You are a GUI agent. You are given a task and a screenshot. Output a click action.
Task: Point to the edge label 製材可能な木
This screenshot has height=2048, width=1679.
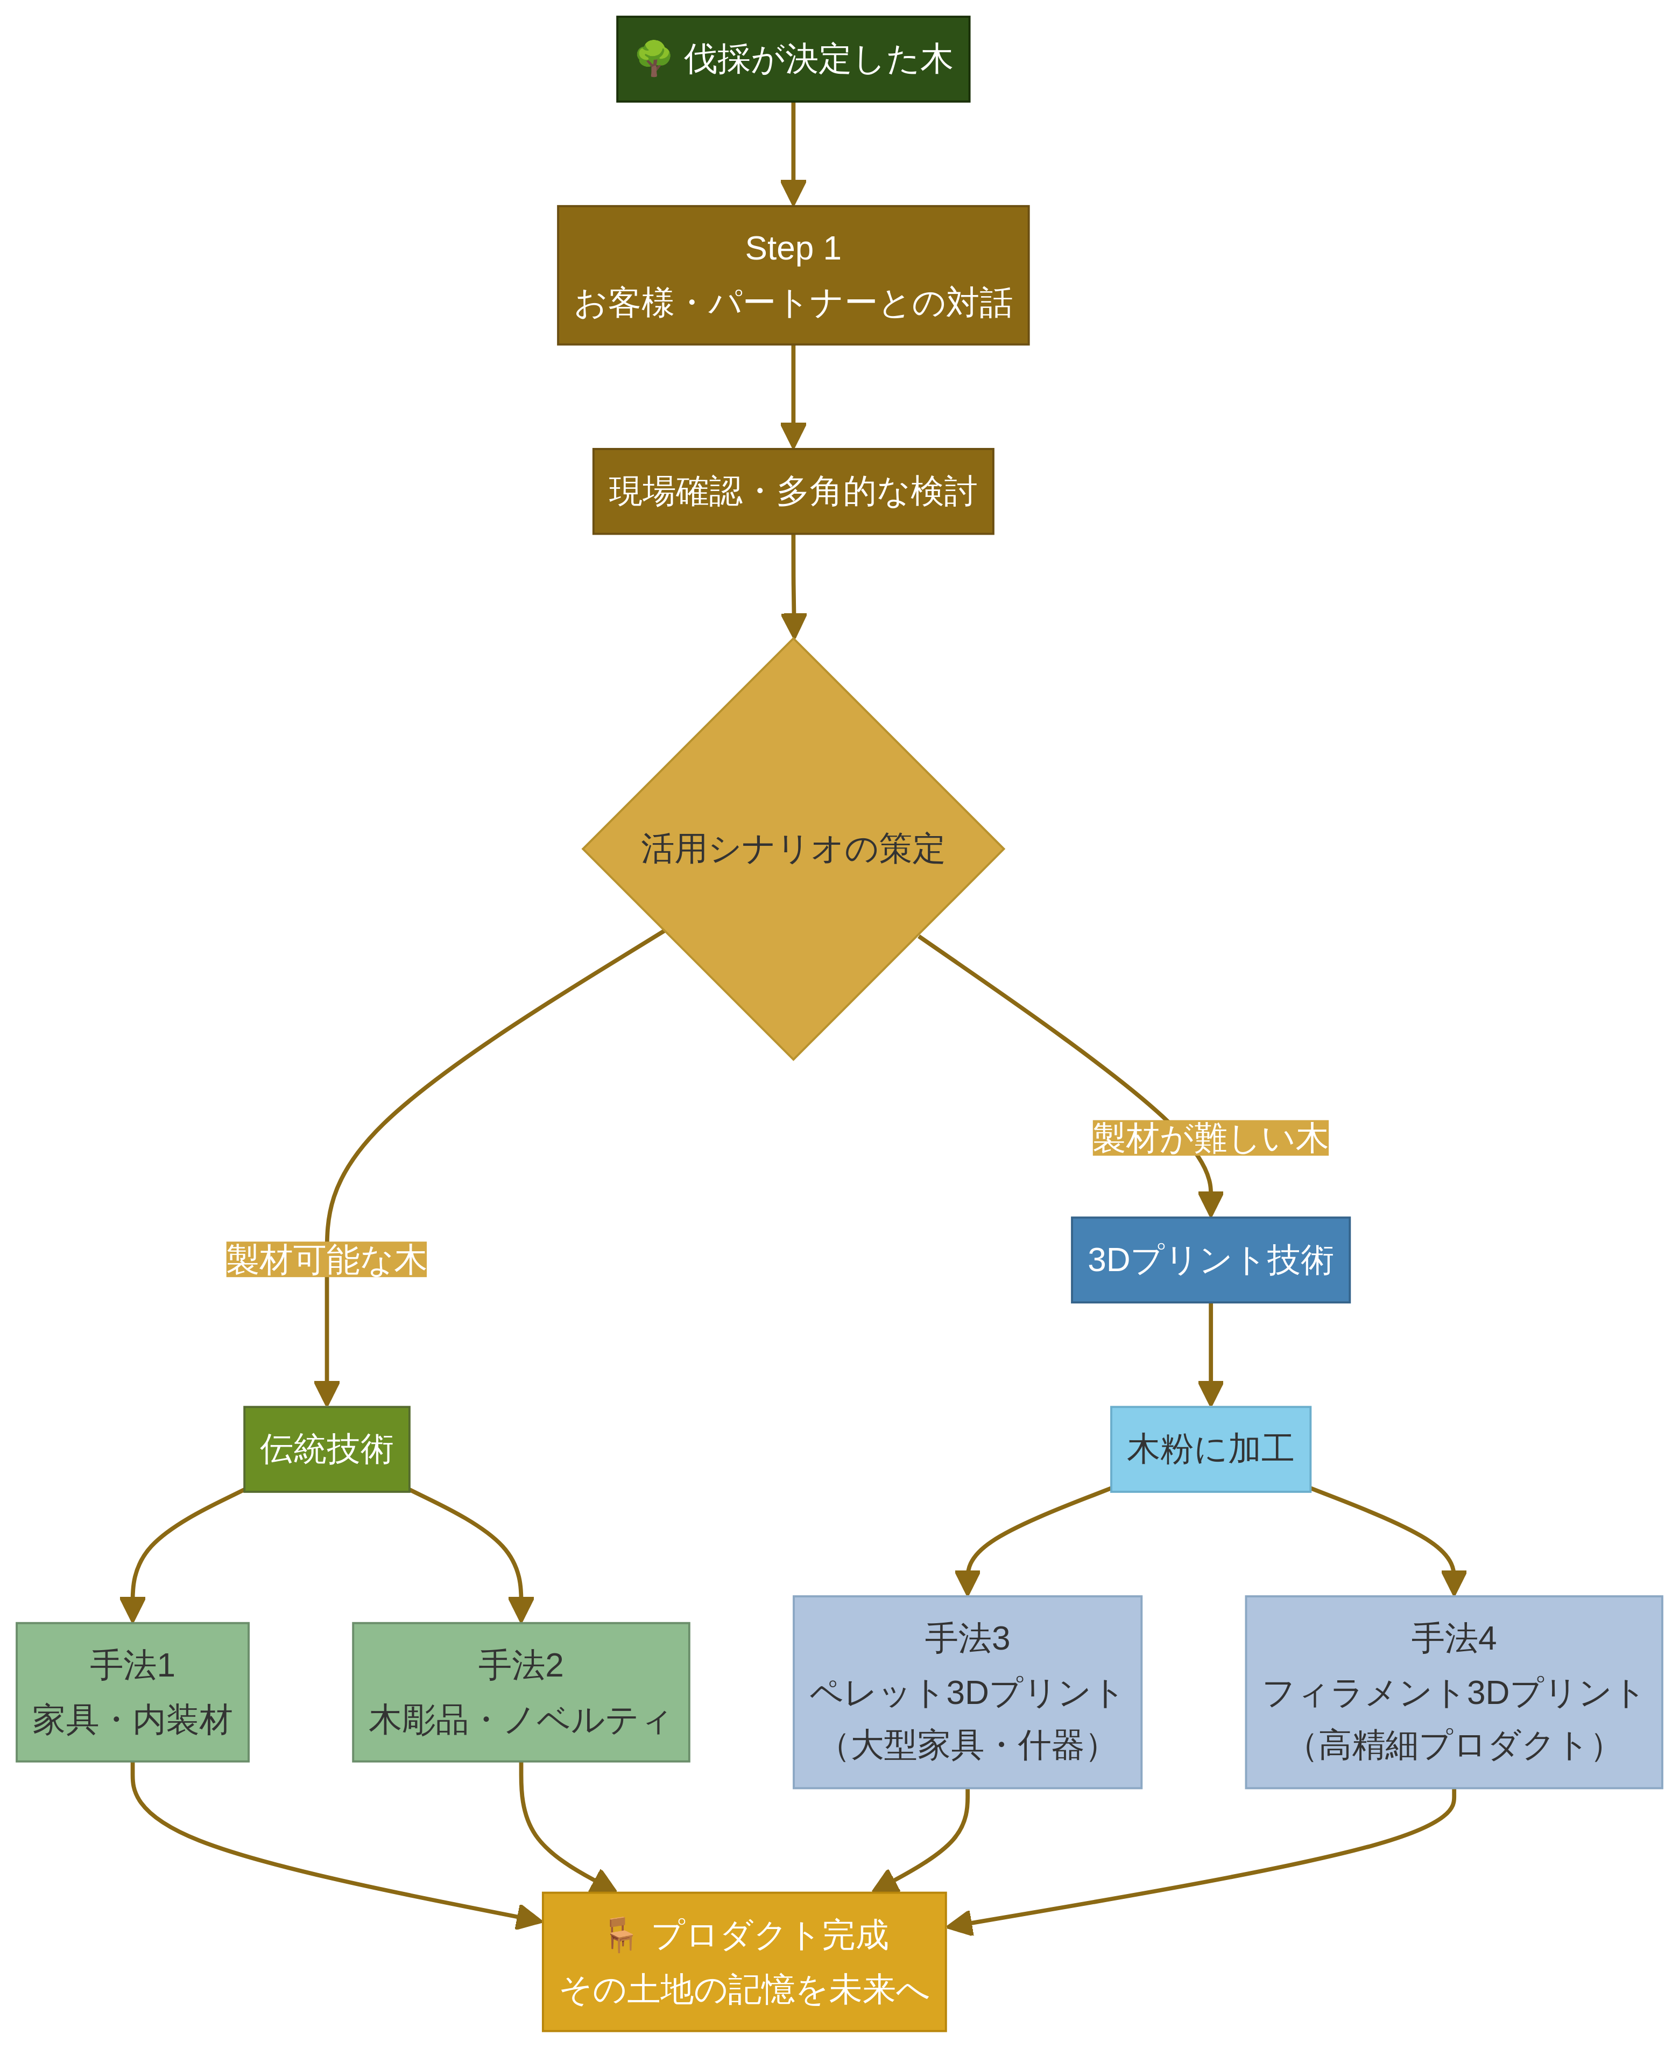click(326, 1260)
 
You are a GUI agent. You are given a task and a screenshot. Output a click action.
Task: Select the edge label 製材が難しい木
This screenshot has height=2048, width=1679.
click(1209, 1138)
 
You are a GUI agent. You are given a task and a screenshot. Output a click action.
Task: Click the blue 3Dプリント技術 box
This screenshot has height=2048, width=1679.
click(1209, 1260)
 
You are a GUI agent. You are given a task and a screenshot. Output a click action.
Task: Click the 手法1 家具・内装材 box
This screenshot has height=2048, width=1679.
click(132, 1692)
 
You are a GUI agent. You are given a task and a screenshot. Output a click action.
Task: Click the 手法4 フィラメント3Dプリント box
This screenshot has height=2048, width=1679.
click(1452, 1692)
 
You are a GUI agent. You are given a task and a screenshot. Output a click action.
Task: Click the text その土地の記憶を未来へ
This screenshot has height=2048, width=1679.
click(744, 1989)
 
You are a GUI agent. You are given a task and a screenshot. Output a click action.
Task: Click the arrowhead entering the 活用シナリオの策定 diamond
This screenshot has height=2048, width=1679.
click(793, 626)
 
